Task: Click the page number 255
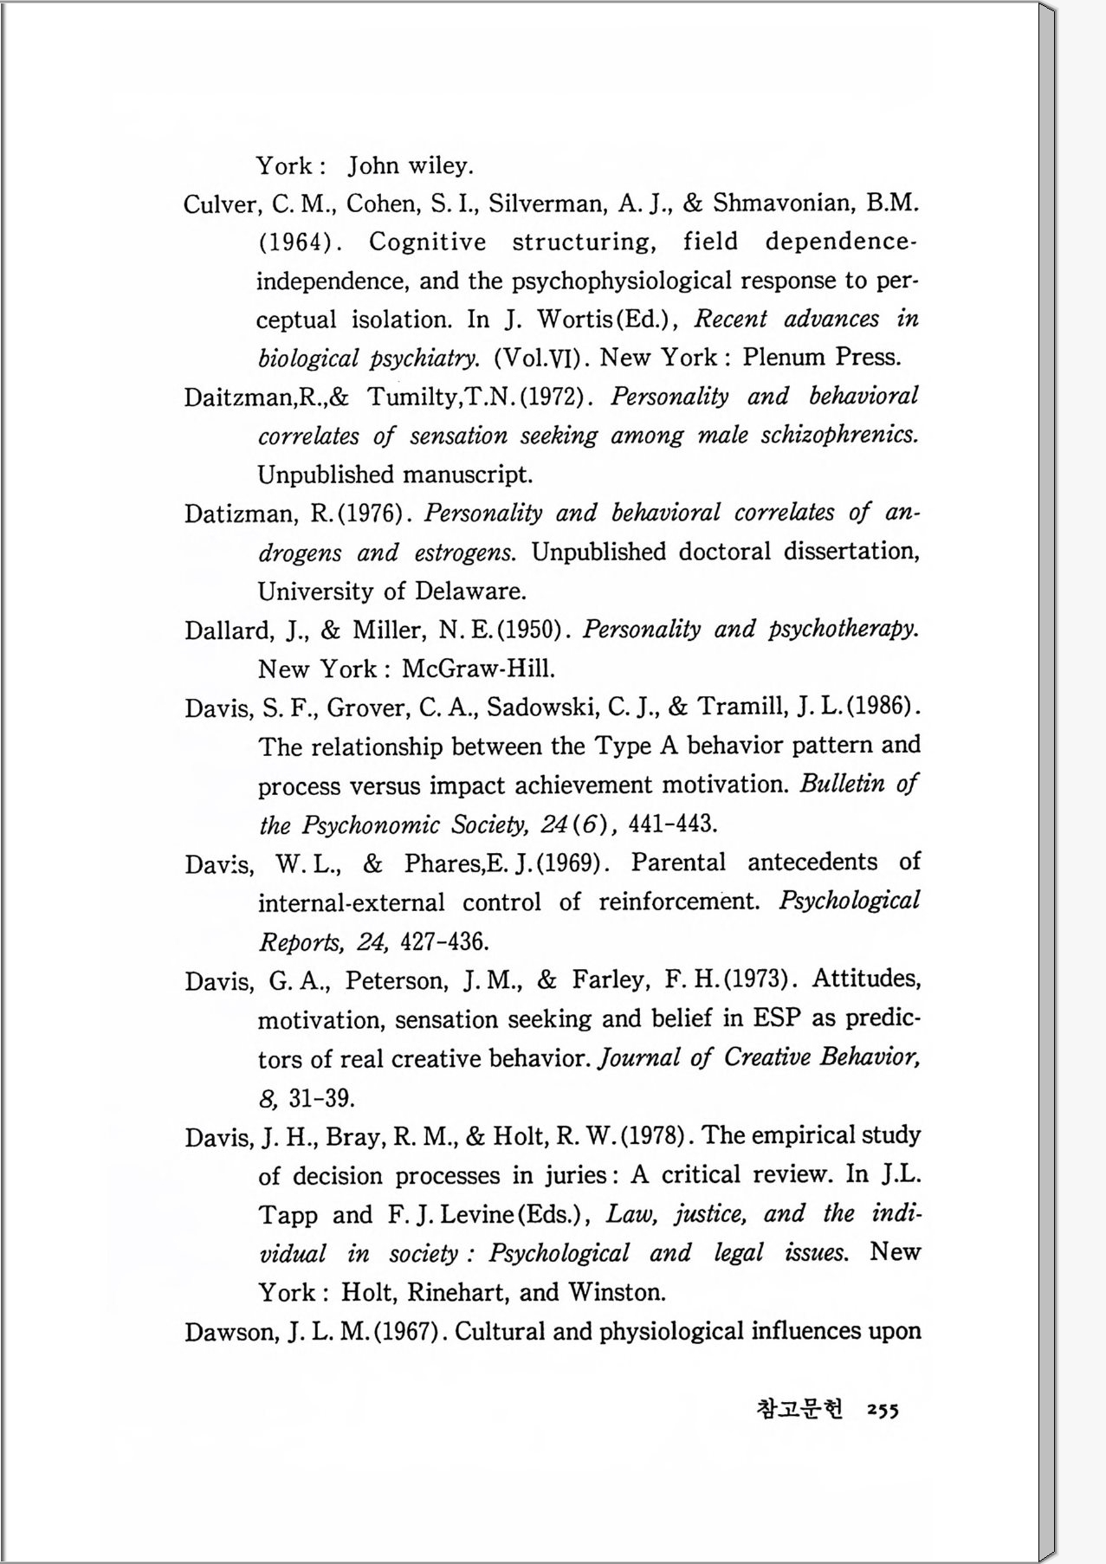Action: (x=883, y=1411)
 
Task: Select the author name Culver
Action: (x=220, y=204)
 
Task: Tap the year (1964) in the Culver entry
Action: (x=296, y=243)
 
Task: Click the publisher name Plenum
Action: (x=784, y=358)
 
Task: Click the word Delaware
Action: (x=469, y=592)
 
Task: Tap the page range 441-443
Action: (x=672, y=824)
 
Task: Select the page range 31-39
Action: (x=320, y=1099)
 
